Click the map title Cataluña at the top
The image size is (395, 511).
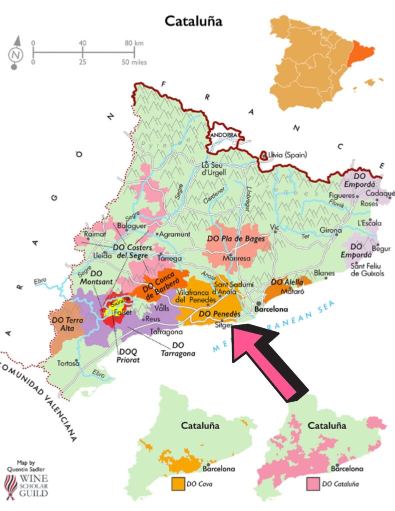coord(193,21)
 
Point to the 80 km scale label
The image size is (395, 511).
coord(133,43)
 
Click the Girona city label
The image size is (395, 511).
coord(331,231)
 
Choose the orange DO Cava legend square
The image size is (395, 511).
coord(176,484)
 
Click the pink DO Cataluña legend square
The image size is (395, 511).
coord(313,484)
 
